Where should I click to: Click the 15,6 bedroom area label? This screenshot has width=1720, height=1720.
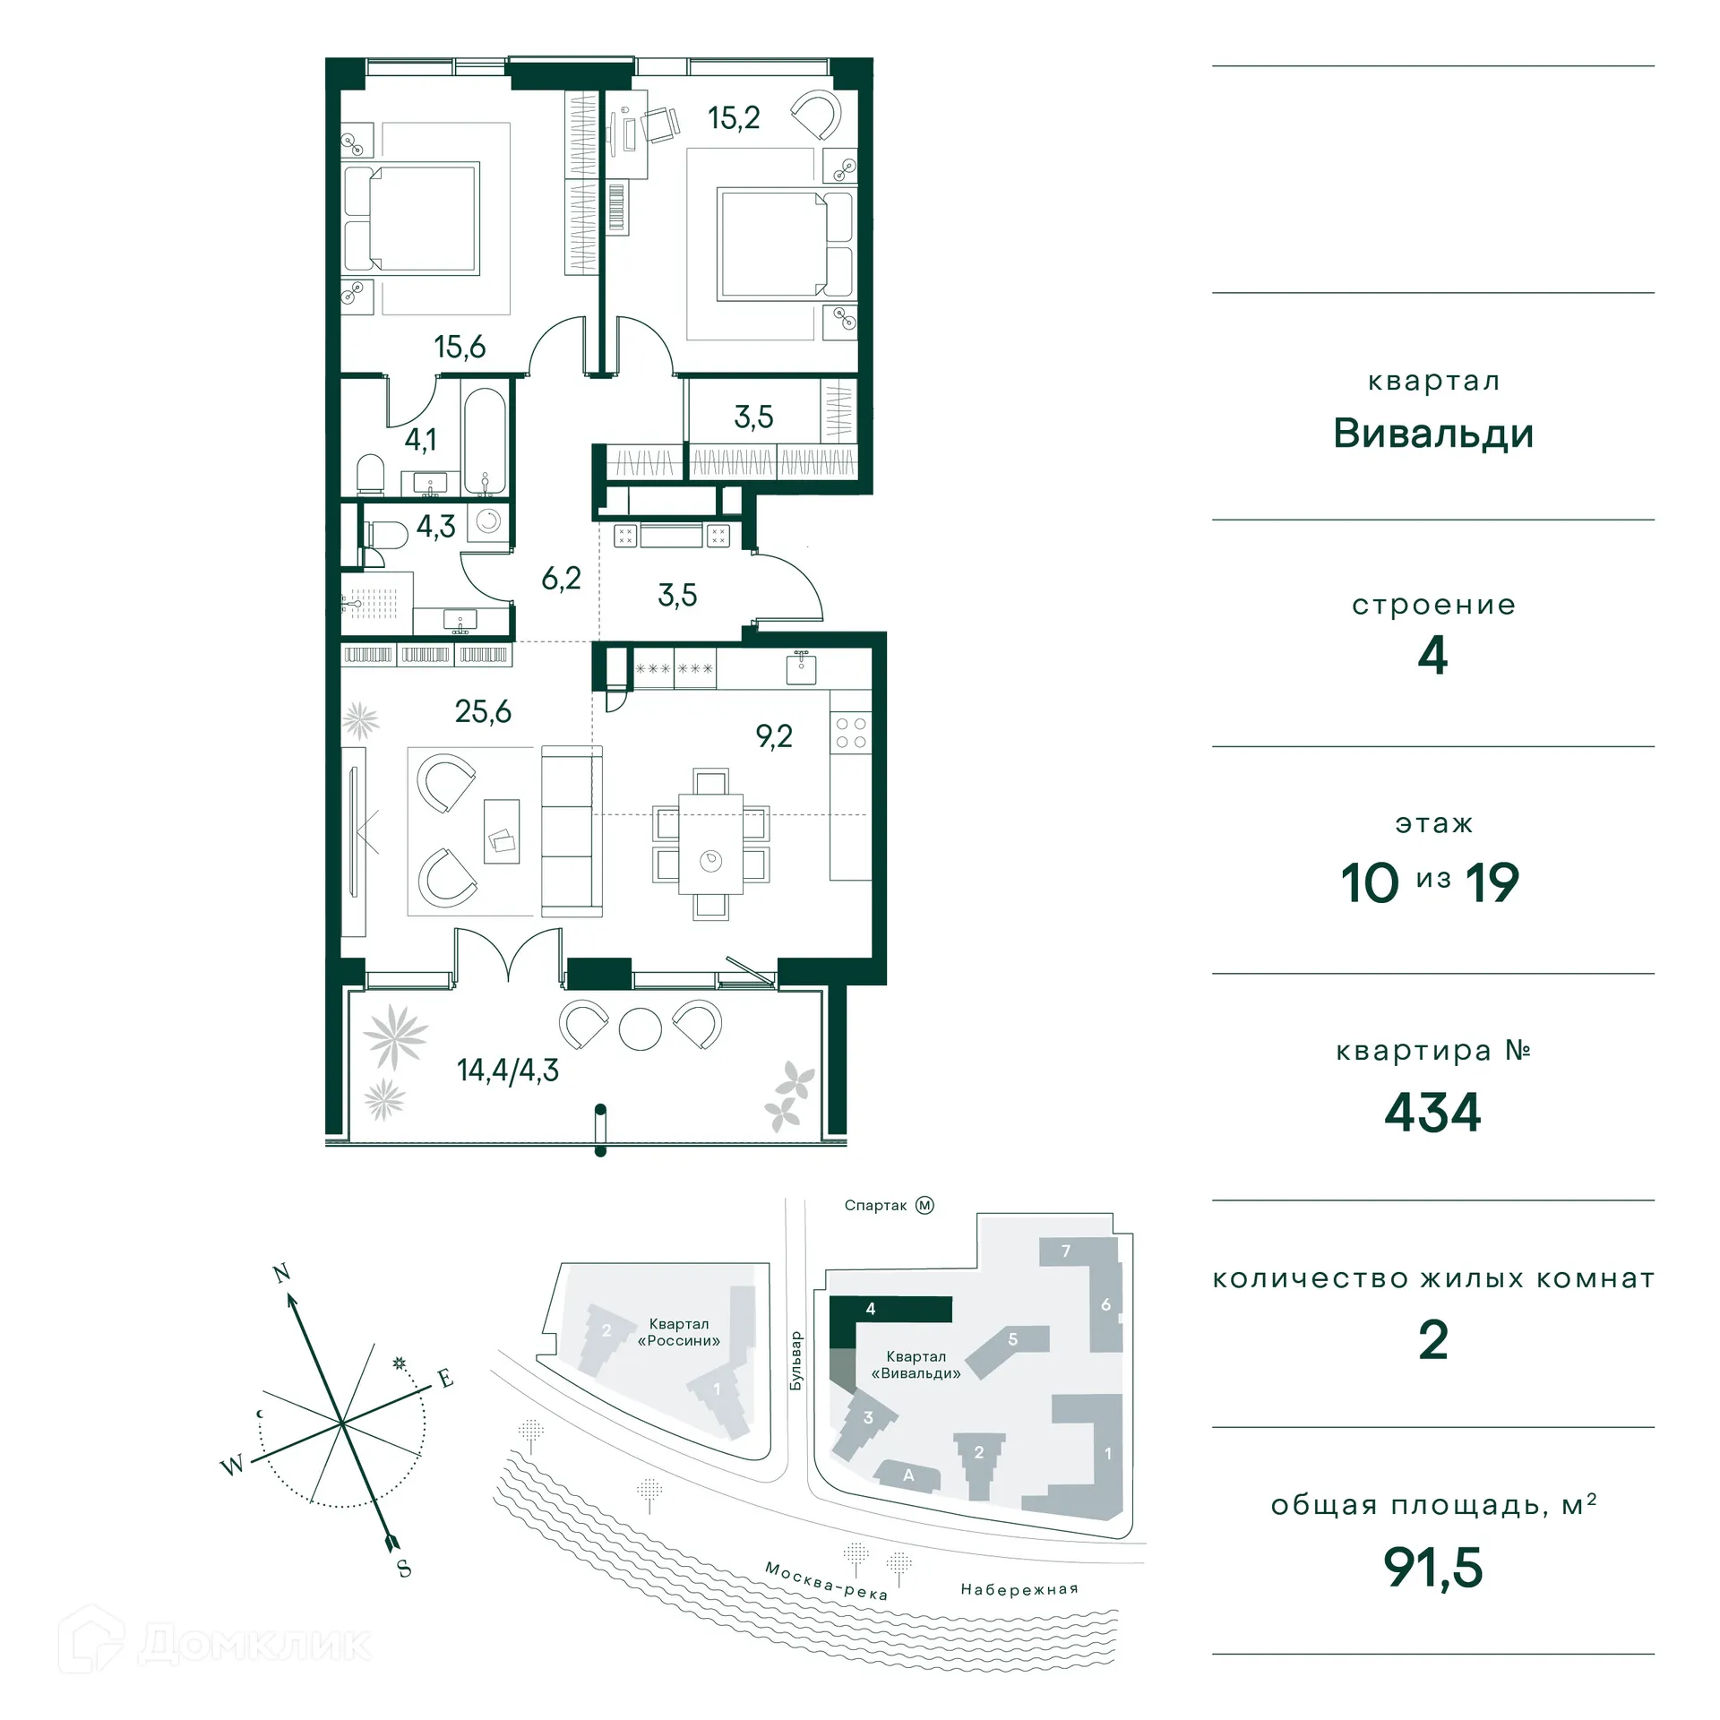pos(460,347)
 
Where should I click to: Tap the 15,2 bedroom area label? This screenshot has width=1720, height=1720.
pos(733,118)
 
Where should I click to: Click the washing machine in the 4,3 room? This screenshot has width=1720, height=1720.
pos(488,521)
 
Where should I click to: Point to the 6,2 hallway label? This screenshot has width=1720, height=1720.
pos(561,579)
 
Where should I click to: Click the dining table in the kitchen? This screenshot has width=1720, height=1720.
pos(710,843)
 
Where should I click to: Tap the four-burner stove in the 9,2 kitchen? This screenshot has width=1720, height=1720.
pos(850,732)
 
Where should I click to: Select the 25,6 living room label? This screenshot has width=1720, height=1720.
pos(483,711)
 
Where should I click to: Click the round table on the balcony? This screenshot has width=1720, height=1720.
pos(641,1028)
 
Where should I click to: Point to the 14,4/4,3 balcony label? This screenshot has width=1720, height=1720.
pos(507,1070)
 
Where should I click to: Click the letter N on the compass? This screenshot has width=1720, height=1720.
pos(281,1273)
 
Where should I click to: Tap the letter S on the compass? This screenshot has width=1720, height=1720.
pos(404,1569)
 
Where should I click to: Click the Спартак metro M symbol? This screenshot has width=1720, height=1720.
pos(924,1206)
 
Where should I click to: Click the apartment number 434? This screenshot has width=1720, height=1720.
pos(1432,1112)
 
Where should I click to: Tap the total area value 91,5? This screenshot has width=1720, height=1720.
pos(1432,1567)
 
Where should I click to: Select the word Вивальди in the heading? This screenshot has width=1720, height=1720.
pos(1432,434)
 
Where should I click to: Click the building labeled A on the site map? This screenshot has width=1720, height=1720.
pos(908,1475)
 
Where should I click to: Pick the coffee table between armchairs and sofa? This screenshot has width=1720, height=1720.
pos(502,831)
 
